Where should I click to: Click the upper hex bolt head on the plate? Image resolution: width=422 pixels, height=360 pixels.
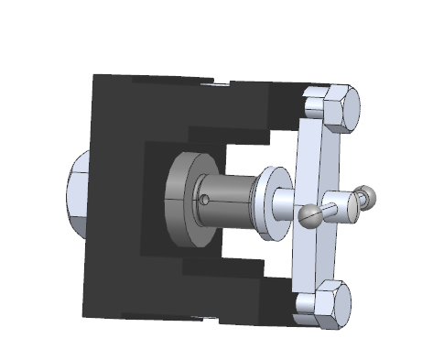click(336, 108)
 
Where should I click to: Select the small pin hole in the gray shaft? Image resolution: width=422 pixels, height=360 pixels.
click(208, 197)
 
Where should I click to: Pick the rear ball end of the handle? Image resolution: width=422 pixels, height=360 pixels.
click(367, 194)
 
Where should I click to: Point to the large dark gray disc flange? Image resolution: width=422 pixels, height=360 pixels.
click(181, 200)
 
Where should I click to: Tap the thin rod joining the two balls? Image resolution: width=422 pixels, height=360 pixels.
click(337, 206)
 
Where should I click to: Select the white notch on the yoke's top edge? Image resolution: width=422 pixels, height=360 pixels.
click(221, 84)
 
